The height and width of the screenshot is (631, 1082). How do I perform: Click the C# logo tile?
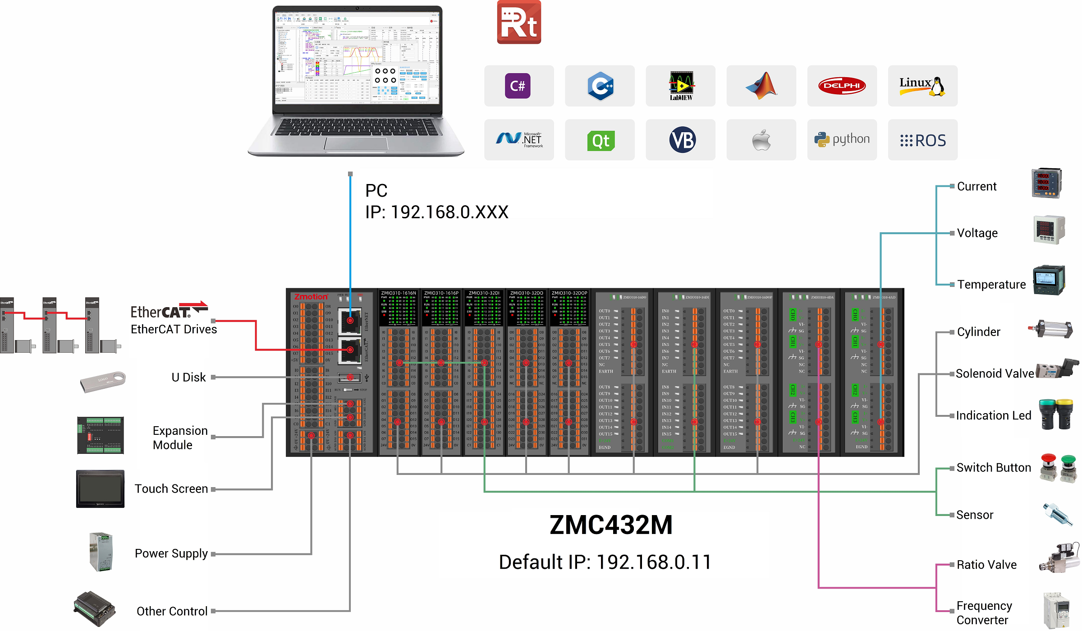click(518, 86)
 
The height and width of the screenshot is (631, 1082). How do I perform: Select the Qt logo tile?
click(600, 140)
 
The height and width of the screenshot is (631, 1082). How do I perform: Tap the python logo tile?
click(842, 139)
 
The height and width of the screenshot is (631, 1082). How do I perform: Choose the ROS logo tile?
click(922, 140)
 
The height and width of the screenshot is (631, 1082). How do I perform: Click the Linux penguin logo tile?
click(922, 86)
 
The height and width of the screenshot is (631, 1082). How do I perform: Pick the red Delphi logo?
click(842, 86)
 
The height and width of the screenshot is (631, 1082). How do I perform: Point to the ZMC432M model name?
click(611, 525)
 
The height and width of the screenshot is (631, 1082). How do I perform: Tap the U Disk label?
click(188, 377)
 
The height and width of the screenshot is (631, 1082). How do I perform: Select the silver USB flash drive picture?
click(103, 381)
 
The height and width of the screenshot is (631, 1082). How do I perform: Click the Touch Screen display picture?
click(100, 489)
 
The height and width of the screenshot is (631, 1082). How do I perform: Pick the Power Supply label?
click(171, 553)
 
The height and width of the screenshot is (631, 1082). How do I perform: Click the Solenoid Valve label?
click(995, 373)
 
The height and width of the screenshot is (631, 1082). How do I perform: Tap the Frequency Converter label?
click(984, 613)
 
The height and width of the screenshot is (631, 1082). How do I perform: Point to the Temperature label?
click(991, 285)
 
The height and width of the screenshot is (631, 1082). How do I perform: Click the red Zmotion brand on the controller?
click(311, 297)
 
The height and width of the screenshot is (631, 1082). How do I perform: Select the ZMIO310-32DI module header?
click(484, 293)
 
